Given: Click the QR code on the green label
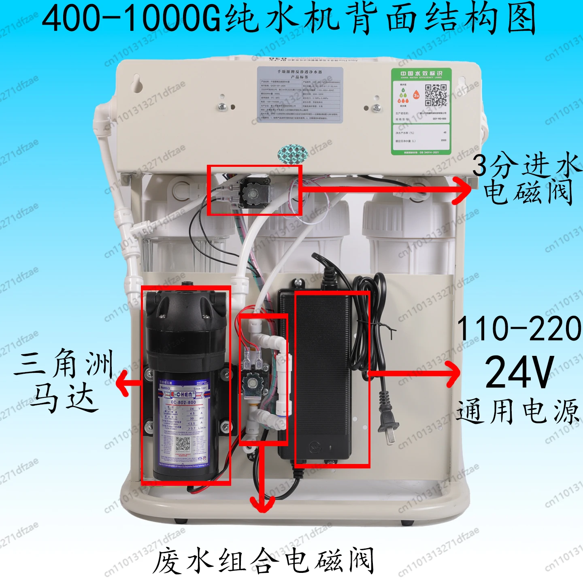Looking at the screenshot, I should (436, 95).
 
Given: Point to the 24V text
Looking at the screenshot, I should (519, 372).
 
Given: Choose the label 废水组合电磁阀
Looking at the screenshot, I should (263, 561).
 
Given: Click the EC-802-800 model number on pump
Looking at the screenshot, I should (183, 402).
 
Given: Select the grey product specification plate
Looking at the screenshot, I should (300, 95).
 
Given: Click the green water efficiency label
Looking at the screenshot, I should (421, 111).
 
